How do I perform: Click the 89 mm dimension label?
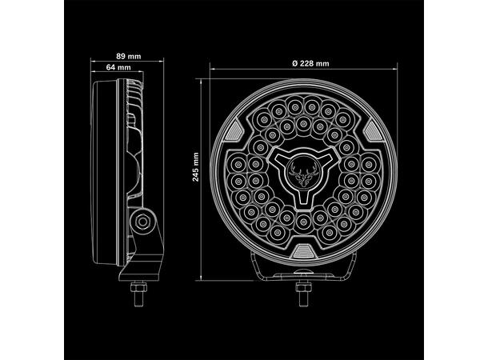pos(128,55)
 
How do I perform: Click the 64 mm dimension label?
pos(118,67)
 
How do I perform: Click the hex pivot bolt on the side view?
pos(142,221)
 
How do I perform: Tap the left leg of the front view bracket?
pos(258,269)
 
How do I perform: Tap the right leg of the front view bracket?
pos(351,269)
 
